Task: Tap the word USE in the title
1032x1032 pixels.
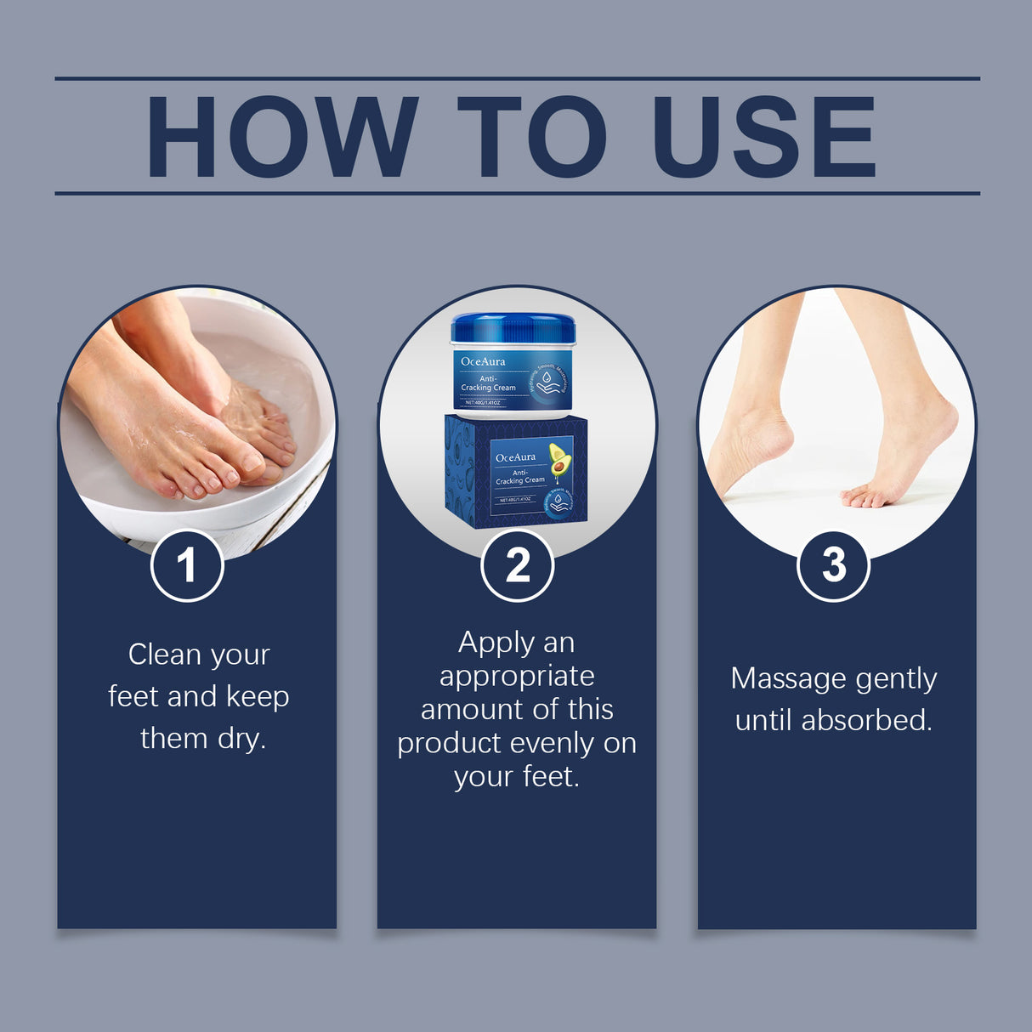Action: tap(763, 137)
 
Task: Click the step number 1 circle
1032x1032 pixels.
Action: tap(187, 565)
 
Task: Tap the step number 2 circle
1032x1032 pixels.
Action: tap(517, 565)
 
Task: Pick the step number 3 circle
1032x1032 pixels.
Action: tap(833, 564)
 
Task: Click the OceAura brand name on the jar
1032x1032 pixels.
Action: tap(483, 361)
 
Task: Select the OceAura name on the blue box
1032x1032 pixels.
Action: tap(515, 457)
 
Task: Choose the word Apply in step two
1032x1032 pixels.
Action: tap(486, 644)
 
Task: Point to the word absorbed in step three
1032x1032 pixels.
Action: tap(866, 720)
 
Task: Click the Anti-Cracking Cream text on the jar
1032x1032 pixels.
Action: tap(488, 383)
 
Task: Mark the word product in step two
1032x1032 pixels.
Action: tap(449, 744)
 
